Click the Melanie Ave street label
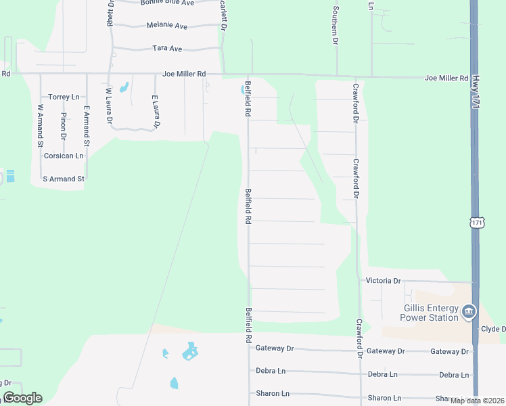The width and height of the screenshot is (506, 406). (x=166, y=25)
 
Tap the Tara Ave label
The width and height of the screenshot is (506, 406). (x=167, y=49)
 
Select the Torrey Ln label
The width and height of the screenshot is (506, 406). (x=64, y=97)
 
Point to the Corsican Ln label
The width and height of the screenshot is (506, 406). (x=63, y=156)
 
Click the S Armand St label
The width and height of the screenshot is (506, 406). (x=63, y=179)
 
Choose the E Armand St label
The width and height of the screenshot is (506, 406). (x=87, y=125)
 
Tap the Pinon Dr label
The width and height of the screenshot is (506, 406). (x=63, y=125)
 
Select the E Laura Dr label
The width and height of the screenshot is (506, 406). (x=156, y=112)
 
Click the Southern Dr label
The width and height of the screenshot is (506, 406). (x=335, y=26)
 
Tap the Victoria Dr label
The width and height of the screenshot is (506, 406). (x=383, y=280)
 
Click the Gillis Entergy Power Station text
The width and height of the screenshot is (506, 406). (x=429, y=313)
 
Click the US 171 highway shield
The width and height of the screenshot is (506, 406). (x=478, y=222)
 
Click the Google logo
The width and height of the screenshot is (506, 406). (x=22, y=398)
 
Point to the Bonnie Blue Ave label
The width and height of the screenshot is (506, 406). (x=167, y=3)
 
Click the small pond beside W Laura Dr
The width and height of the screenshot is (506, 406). (x=124, y=87)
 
